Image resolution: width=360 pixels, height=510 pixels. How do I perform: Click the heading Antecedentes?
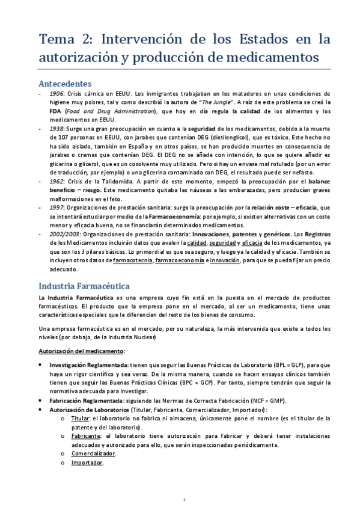pyautogui.click(x=64, y=83)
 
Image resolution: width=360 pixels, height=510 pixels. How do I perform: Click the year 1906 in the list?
pyautogui.click(x=57, y=94)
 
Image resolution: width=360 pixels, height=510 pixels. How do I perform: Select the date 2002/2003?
pyautogui.click(x=64, y=235)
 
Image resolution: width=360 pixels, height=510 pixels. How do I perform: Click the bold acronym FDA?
pyautogui.click(x=56, y=111)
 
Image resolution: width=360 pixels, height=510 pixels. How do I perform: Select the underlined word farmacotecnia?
pyautogui.click(x=132, y=260)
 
